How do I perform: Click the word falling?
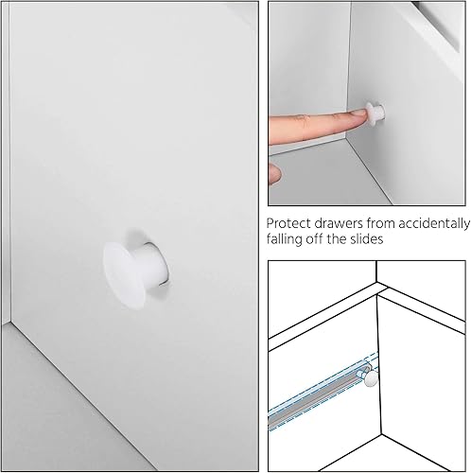(x=288, y=241)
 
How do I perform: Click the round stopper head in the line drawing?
(x=371, y=378)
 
